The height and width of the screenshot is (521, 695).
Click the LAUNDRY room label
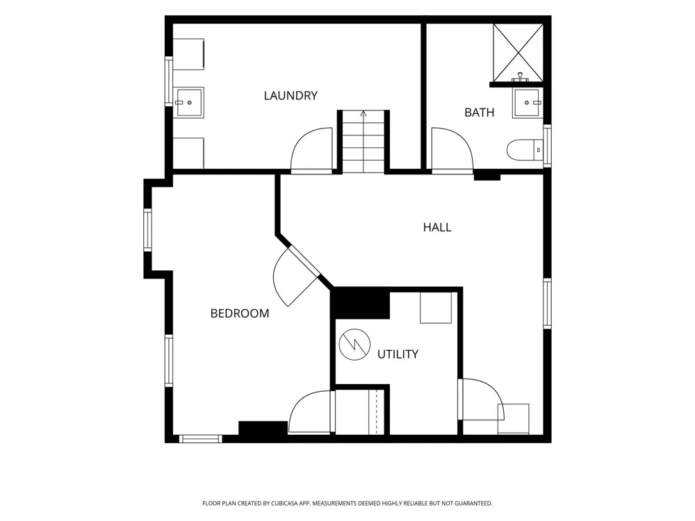(291, 96)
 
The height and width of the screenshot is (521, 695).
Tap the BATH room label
(479, 113)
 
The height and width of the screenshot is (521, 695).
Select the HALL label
(437, 227)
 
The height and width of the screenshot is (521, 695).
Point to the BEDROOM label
(239, 314)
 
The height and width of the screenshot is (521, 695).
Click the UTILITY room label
(398, 354)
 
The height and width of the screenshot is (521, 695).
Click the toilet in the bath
(525, 150)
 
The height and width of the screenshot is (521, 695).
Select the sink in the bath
(528, 103)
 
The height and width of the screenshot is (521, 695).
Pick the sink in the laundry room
(188, 102)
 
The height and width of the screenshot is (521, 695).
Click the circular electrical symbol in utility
(354, 345)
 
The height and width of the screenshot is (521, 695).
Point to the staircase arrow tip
(363, 111)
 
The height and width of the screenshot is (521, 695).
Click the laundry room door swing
(311, 149)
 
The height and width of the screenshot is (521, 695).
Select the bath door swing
(452, 149)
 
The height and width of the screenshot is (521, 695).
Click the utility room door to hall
(481, 399)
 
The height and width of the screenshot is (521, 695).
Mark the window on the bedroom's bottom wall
(200, 438)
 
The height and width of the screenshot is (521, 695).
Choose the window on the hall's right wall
(548, 304)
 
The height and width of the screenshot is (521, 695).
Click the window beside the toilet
(548, 146)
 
